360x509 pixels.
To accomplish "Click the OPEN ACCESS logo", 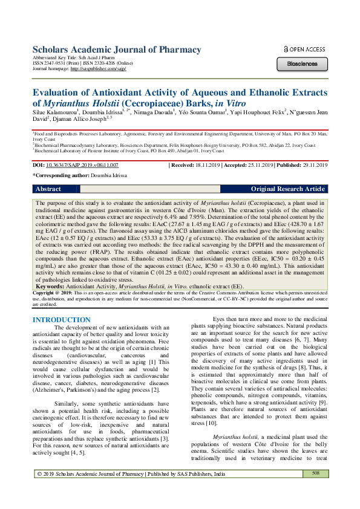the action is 304,49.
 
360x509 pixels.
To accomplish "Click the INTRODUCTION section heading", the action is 61,320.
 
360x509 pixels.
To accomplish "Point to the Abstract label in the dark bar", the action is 48,189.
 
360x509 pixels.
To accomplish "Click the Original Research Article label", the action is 288,189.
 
